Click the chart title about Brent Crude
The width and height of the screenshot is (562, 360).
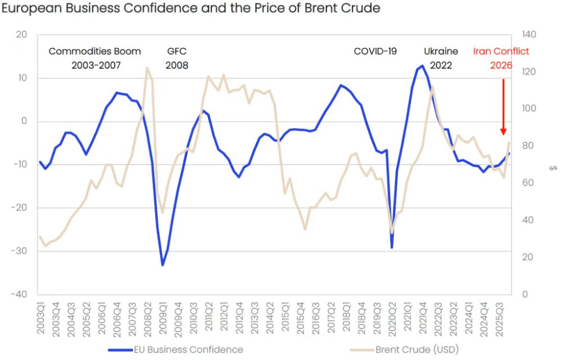point(191,8)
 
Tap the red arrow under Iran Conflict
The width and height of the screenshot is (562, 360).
point(503,107)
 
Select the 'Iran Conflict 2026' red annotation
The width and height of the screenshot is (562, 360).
point(501,58)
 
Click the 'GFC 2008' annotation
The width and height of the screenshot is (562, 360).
point(176,58)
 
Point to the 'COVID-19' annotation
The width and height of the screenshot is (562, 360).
point(375,51)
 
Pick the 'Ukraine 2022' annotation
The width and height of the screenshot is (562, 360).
point(441,58)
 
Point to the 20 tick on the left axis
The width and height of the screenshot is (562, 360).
point(22,35)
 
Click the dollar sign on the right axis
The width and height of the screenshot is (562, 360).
point(554,167)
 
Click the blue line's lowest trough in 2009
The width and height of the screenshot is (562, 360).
point(162,265)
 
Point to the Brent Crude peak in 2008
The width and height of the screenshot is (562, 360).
point(147,68)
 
